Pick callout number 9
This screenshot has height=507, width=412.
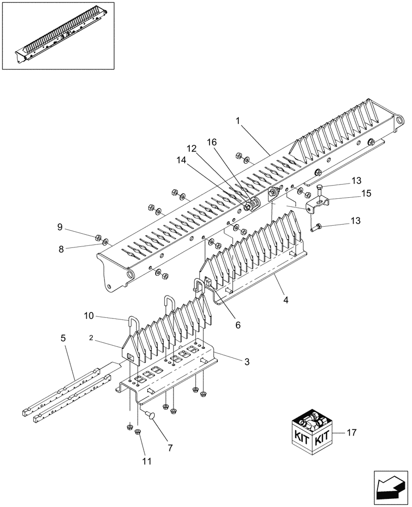(60, 227)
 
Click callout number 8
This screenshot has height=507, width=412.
(60, 248)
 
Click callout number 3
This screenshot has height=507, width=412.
(247, 361)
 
